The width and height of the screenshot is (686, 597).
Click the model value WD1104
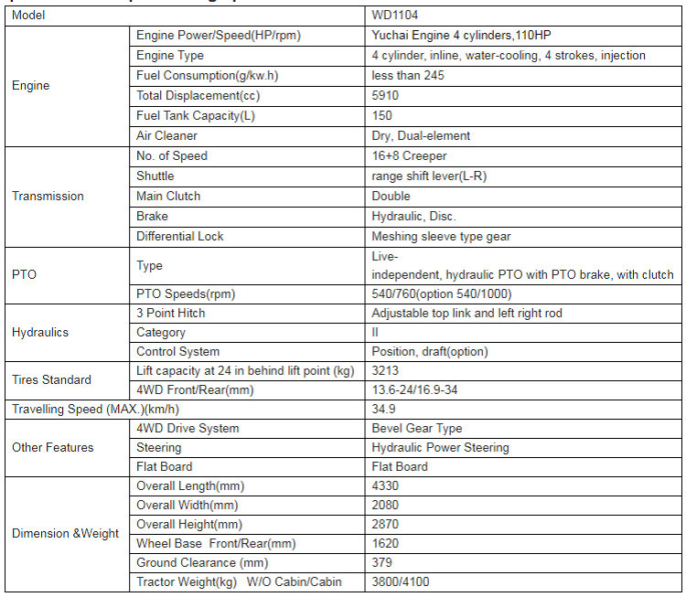391,16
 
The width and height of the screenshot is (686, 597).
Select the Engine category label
31,85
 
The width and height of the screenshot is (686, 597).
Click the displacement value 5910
385,95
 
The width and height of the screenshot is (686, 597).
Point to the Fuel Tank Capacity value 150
382,115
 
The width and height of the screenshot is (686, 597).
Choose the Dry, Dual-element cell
421,135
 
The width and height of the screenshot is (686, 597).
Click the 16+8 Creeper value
410,155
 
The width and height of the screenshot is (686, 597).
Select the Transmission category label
48,196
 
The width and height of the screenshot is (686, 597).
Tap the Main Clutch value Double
391,196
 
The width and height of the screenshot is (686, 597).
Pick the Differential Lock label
180,236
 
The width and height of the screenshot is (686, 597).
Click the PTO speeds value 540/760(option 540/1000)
442,293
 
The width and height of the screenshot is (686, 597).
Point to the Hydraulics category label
40,332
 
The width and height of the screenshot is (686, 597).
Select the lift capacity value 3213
385,371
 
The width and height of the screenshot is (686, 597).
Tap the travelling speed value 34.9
383,409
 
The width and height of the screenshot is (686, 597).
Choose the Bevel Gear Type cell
417,428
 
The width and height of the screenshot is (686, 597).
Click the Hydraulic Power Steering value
441,447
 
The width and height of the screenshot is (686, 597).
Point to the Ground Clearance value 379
382,562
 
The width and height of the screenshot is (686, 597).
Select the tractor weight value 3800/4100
401,581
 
